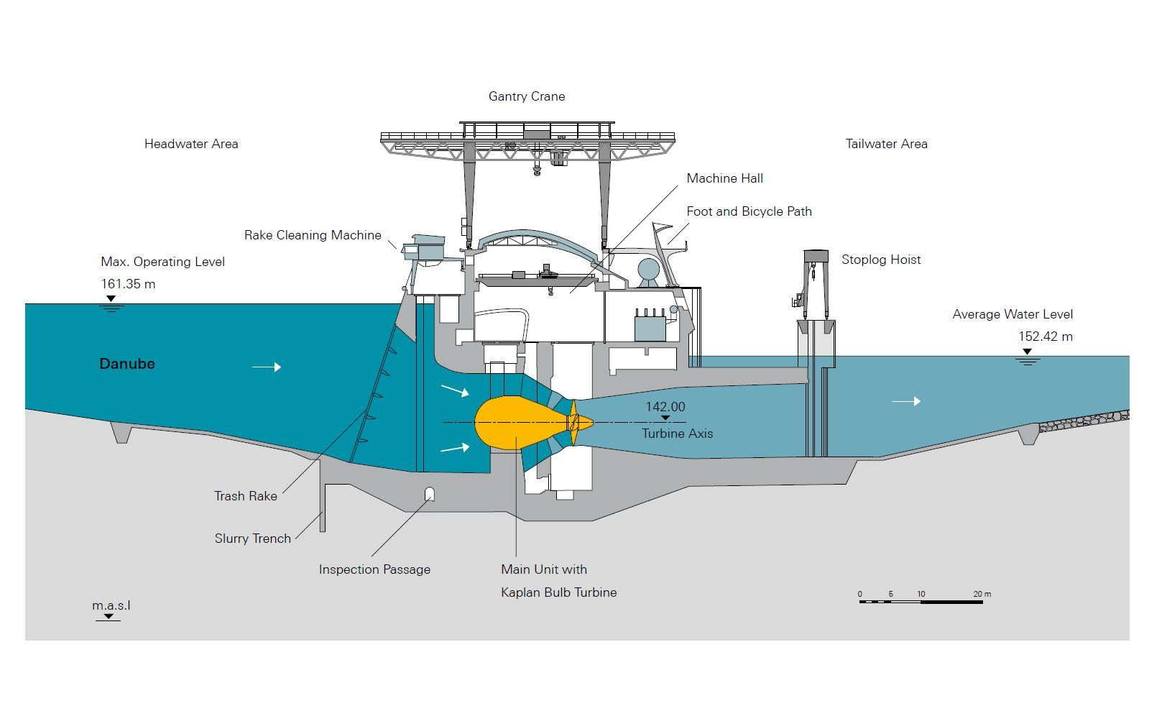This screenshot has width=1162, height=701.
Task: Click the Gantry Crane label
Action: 527,96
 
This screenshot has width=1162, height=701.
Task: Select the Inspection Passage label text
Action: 374,569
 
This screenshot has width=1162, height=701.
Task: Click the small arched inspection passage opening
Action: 429,494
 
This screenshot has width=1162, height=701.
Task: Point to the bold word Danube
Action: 127,364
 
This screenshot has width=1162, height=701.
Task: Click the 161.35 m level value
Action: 128,284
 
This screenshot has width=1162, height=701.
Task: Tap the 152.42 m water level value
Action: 1045,336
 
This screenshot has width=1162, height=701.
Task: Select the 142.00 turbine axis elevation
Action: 665,407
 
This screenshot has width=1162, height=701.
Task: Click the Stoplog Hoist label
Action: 881,260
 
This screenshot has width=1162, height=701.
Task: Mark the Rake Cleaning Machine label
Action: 313,235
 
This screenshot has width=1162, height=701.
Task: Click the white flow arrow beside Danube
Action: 267,367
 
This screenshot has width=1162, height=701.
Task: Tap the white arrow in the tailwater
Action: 906,401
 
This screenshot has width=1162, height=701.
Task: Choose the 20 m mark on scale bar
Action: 982,595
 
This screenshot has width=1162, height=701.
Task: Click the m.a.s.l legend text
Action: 111,605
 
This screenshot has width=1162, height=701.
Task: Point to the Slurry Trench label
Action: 253,539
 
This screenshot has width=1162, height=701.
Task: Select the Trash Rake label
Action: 246,496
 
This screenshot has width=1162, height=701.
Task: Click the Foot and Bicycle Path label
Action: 749,211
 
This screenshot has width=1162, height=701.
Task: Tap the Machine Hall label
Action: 724,178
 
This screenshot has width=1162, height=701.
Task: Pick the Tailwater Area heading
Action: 886,144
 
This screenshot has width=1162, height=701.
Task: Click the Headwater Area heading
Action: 191,144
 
